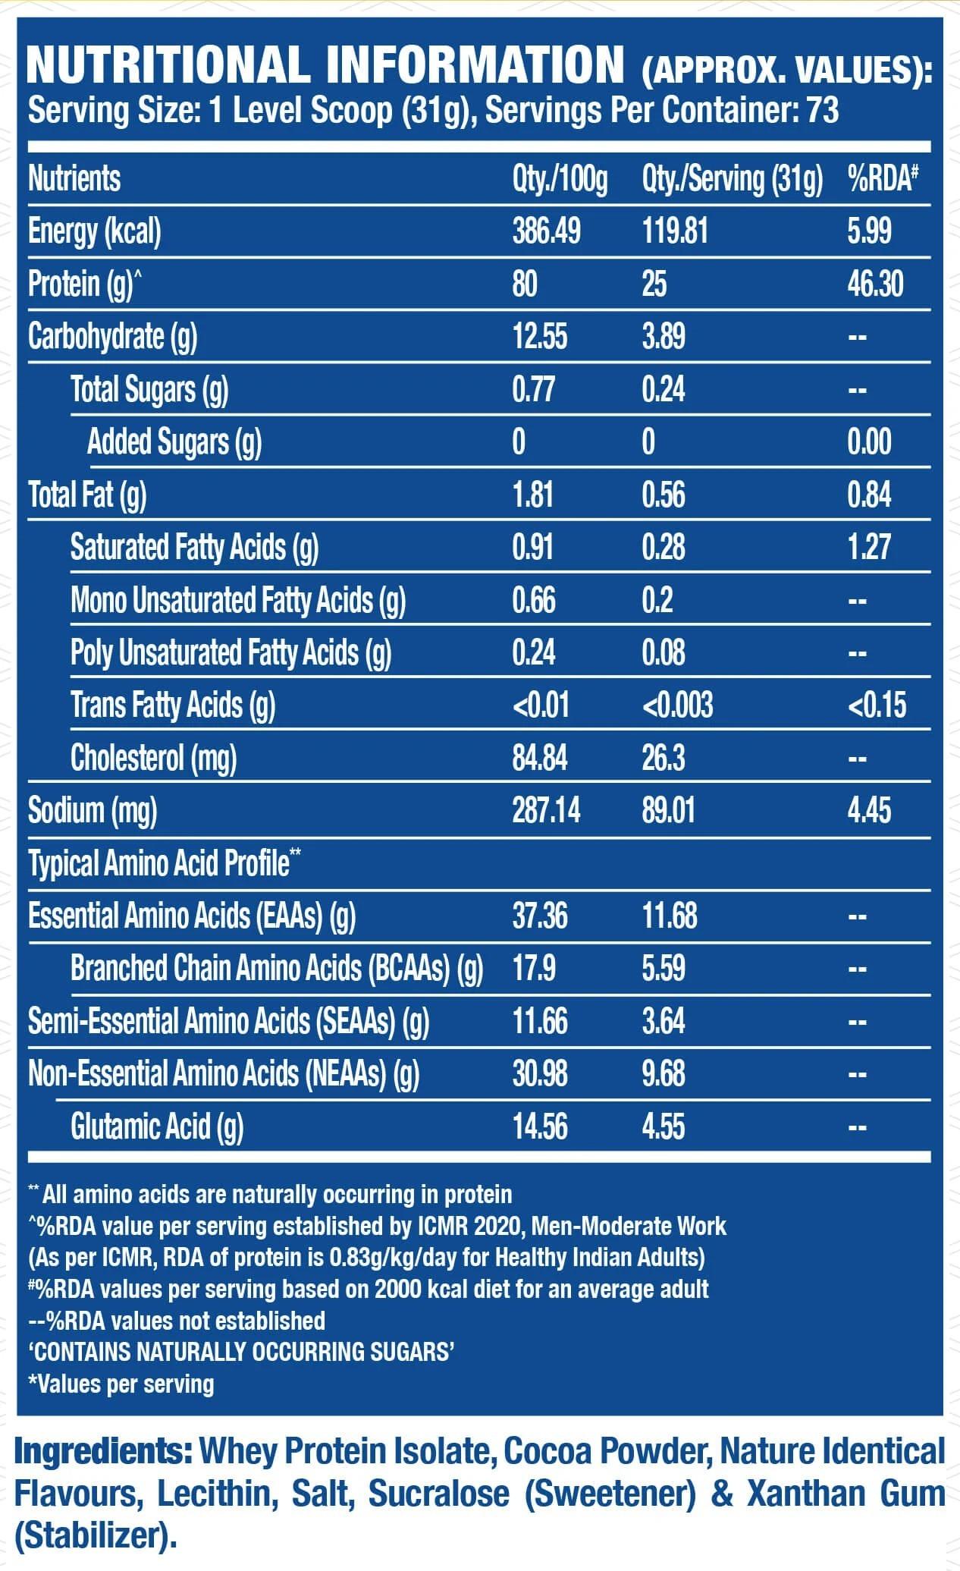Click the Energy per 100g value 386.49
point(546,231)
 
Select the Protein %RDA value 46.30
point(875,284)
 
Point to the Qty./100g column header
point(560,179)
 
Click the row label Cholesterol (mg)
point(153,758)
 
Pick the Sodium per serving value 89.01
point(668,810)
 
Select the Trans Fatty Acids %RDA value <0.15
point(877,705)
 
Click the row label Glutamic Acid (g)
point(157,1126)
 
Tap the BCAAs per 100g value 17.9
point(534,968)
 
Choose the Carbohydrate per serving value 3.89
point(664,336)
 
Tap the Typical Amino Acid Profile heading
point(164,863)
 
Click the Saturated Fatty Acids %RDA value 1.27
point(869,547)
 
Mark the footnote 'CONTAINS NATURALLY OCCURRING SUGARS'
point(241,1351)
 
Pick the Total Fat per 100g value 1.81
point(533,495)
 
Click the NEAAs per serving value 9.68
point(664,1073)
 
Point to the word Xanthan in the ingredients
point(808,1494)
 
